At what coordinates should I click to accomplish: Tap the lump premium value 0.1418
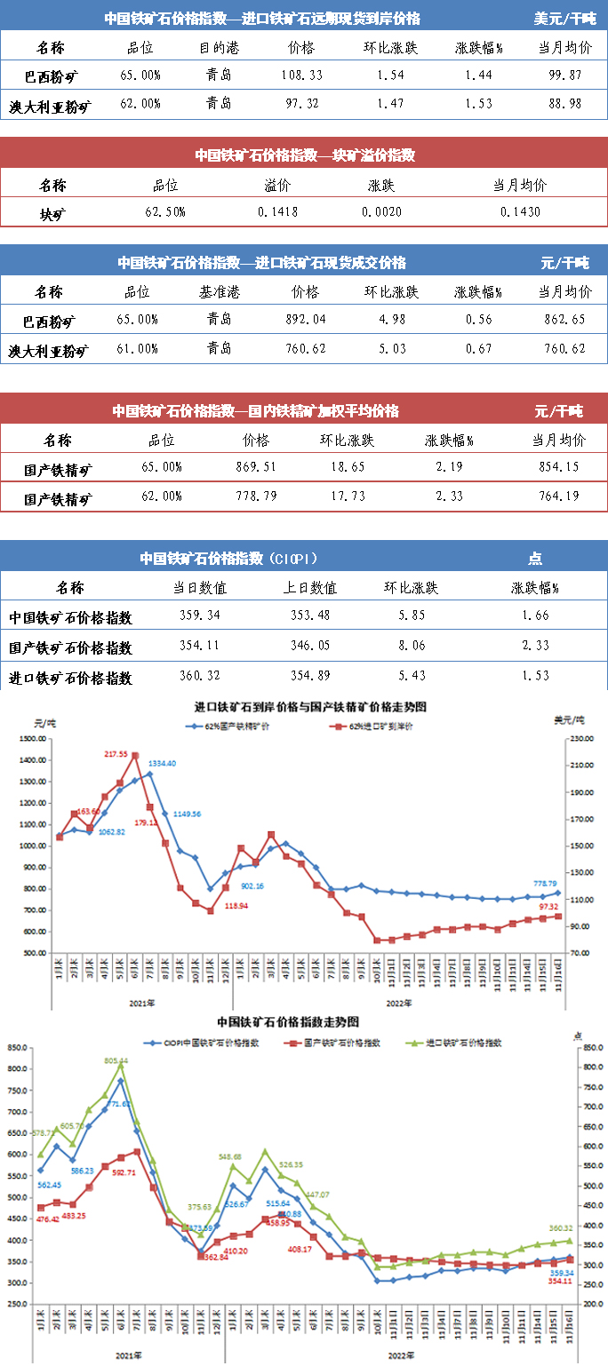tap(278, 212)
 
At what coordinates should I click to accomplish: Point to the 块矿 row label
tap(52, 213)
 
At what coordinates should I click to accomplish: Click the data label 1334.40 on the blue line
tap(162, 763)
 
